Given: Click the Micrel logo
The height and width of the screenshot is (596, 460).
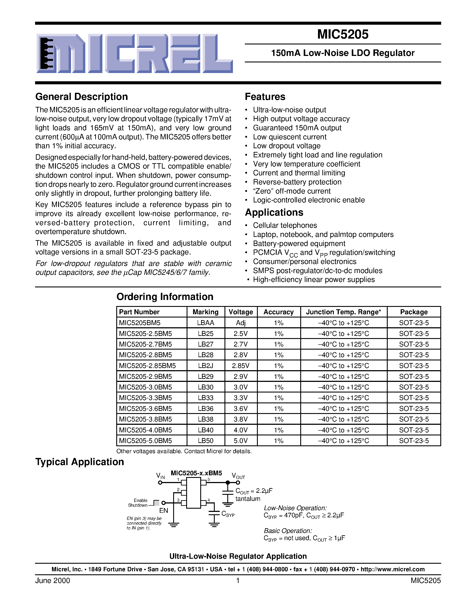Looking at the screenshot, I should [134, 54].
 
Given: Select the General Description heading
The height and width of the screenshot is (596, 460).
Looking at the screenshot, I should [81, 97].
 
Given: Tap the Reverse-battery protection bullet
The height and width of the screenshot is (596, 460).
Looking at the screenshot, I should [297, 182].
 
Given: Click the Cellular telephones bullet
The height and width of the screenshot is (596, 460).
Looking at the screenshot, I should [285, 225].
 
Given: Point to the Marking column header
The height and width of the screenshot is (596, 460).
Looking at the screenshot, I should [205, 312].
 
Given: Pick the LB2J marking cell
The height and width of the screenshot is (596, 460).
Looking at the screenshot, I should [205, 366].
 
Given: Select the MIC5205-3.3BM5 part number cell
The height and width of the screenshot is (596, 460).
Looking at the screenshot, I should [145, 398].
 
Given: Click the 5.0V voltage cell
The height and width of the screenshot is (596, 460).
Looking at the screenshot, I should [241, 441].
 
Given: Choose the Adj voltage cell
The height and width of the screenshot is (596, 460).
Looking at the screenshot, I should [241, 323].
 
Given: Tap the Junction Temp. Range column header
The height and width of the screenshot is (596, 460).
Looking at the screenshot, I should [343, 312].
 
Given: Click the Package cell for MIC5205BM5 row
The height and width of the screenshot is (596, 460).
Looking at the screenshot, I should [414, 323].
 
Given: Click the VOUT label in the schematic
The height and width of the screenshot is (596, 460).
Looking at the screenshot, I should [238, 476].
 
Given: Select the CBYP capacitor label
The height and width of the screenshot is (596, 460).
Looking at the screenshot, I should [228, 514].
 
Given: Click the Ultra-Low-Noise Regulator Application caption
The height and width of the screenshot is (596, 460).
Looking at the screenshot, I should [238, 556].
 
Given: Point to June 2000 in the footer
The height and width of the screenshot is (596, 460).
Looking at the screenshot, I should [52, 581].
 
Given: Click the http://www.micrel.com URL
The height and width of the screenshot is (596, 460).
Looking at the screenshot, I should [392, 569].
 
